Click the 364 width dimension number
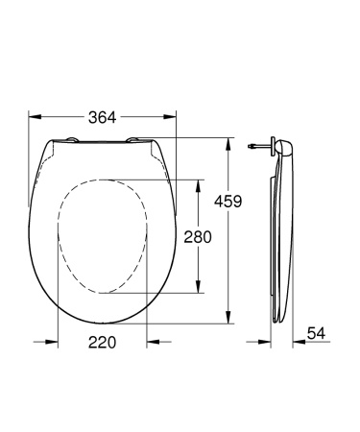103,118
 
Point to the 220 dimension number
101,343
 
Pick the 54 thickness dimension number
316,334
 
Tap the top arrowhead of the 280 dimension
199,183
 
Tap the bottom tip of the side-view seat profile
279,321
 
